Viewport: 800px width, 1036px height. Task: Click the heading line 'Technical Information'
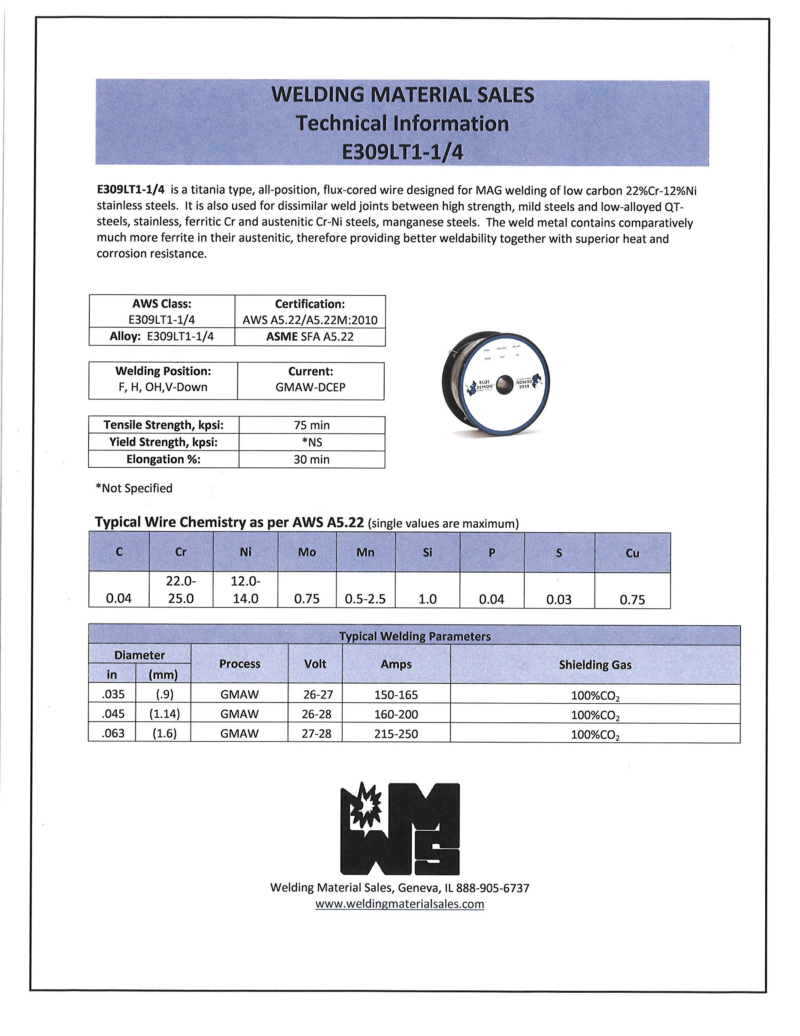(402, 123)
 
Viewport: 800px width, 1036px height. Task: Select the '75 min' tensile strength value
(311, 425)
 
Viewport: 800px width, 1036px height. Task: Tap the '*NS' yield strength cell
(311, 442)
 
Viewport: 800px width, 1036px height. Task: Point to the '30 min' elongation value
(311, 459)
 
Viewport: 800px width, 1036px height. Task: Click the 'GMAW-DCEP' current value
(310, 387)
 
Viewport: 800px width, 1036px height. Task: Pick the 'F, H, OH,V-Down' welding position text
(163, 387)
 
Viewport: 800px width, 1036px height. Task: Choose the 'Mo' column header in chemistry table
(307, 552)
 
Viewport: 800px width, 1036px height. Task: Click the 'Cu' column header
(632, 553)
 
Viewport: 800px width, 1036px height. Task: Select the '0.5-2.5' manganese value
(365, 599)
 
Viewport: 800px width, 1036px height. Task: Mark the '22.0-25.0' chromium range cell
(181, 590)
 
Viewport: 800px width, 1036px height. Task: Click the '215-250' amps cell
(396, 734)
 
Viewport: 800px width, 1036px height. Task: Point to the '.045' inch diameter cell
(113, 714)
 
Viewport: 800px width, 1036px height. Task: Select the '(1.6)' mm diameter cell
(164, 733)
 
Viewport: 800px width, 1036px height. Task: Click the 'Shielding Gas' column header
(595, 664)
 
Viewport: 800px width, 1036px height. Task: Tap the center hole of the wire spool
(505, 384)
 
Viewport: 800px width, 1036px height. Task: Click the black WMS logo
(400, 829)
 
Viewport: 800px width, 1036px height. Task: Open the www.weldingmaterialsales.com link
(400, 904)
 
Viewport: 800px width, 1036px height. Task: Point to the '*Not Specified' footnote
(134, 488)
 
